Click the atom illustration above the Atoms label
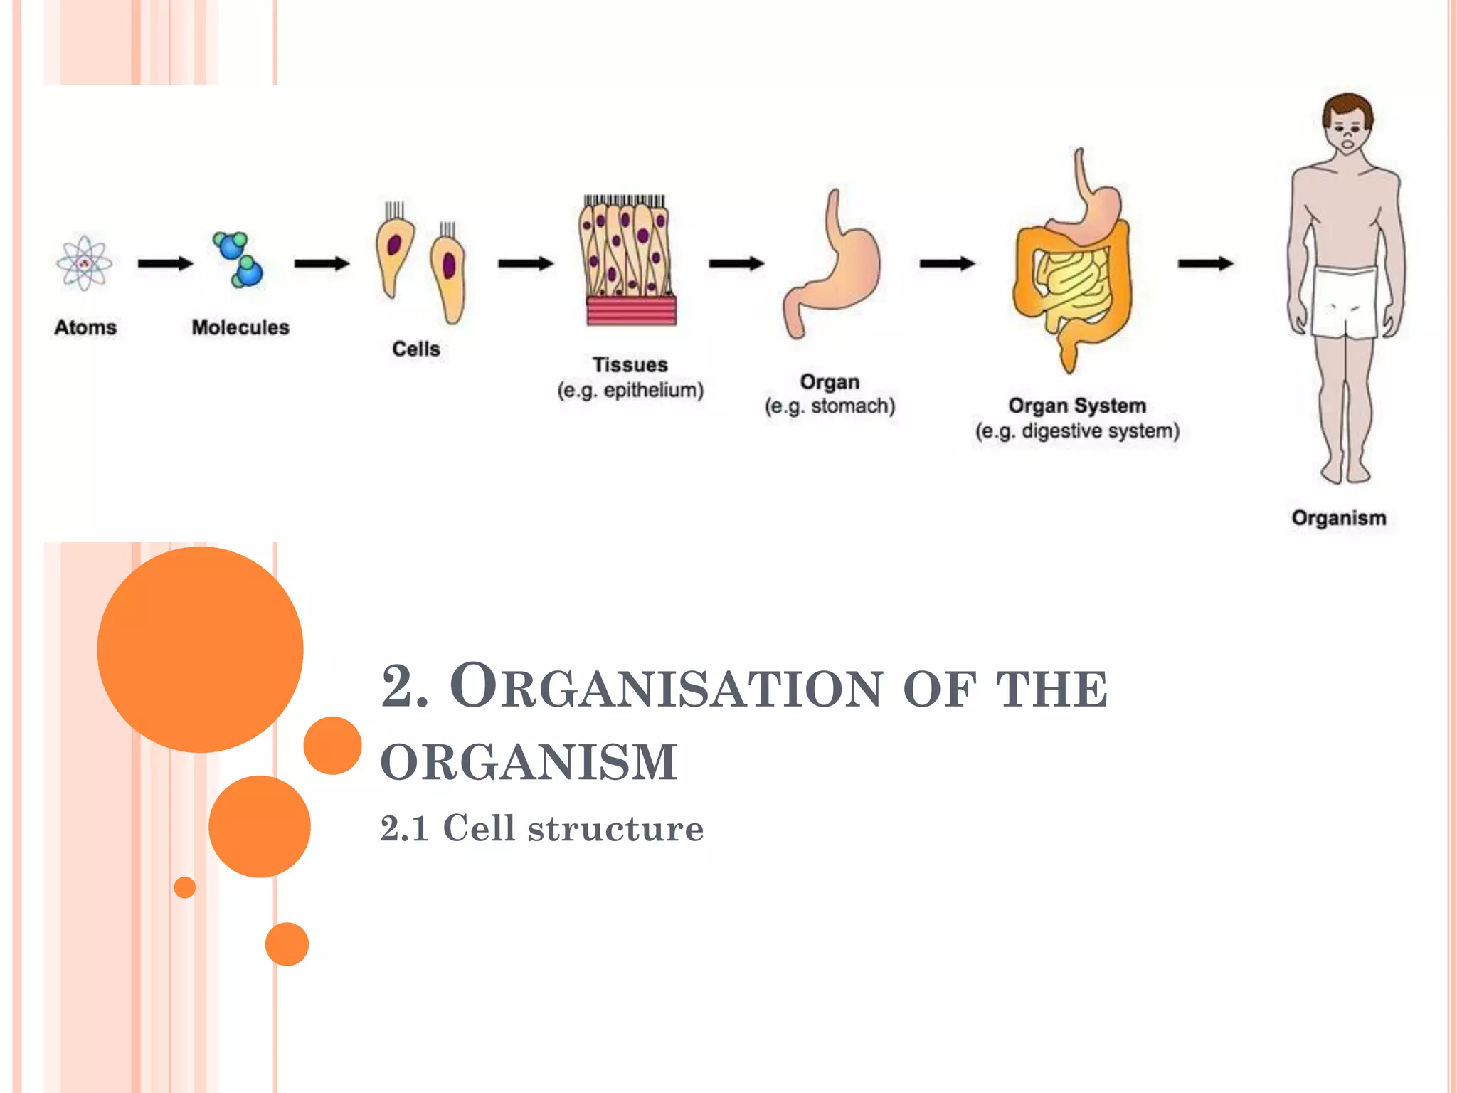click(x=84, y=263)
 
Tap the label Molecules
click(x=240, y=327)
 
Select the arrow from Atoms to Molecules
click(x=165, y=264)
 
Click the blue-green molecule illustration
click(x=238, y=260)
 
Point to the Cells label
click(x=416, y=349)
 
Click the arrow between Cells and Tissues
click(x=525, y=264)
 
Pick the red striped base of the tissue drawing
click(x=631, y=311)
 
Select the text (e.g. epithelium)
click(x=630, y=391)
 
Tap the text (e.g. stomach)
click(x=830, y=406)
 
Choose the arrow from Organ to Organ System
click(x=947, y=264)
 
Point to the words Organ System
click(x=1077, y=406)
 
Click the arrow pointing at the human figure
click(x=1205, y=264)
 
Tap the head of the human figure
click(x=1347, y=125)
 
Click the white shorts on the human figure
click(x=1344, y=302)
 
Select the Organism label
click(x=1339, y=518)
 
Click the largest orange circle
click(x=200, y=649)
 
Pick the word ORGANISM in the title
click(x=529, y=762)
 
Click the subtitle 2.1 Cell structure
click(x=541, y=828)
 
